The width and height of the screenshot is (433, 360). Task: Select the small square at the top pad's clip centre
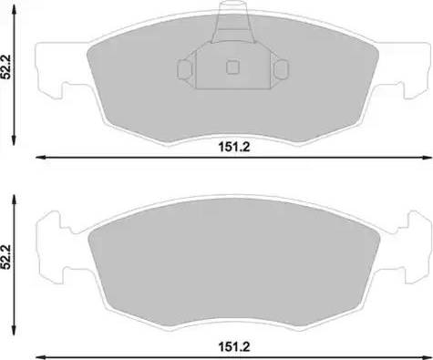pos(231,67)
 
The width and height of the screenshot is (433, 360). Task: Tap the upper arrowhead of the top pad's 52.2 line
pos(13,17)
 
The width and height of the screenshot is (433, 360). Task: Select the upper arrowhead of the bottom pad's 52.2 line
pos(13,198)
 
